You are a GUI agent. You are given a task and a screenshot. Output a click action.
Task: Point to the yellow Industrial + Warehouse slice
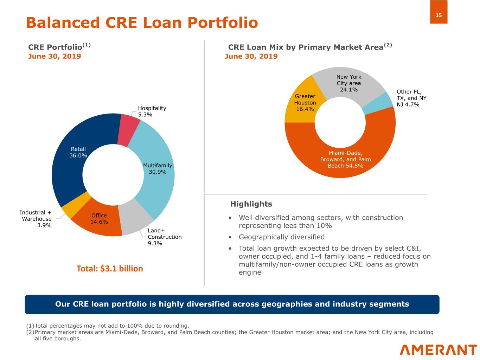click(76, 205)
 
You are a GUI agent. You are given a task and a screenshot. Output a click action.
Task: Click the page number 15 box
click(439, 12)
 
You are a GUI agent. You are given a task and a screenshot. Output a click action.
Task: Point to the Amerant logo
click(438, 350)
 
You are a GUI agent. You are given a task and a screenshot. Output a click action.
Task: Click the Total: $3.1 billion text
click(110, 269)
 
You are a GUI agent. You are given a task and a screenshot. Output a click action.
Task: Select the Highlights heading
click(251, 204)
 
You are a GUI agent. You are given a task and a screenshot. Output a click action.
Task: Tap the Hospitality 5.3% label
click(152, 111)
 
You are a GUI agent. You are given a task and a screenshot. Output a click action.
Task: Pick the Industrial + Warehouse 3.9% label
click(36, 219)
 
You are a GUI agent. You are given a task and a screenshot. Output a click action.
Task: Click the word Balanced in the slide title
click(63, 22)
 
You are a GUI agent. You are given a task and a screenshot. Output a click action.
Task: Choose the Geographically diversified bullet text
click(282, 237)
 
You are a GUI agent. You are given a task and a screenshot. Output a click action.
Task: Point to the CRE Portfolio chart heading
click(59, 47)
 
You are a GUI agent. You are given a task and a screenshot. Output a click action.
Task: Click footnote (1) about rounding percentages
click(108, 326)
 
